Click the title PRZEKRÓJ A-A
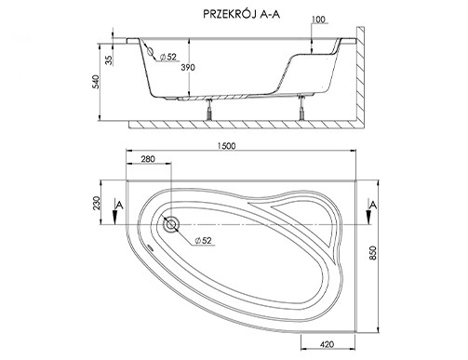tap(242, 14)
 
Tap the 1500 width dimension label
tap(226, 146)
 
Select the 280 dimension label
tap(148, 159)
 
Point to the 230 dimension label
tap(97, 203)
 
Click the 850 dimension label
tap(373, 253)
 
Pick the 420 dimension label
tap(327, 344)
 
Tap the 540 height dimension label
tap(97, 82)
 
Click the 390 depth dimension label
tap(188, 67)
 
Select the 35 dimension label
tap(108, 60)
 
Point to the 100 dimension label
tap(318, 20)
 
